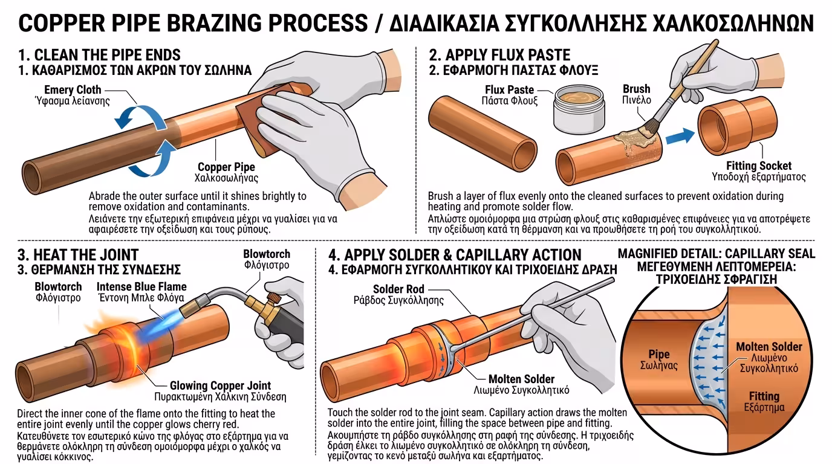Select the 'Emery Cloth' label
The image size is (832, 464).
click(x=73, y=90)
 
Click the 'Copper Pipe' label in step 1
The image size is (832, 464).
click(x=226, y=167)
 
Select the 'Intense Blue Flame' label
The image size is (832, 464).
click(x=141, y=286)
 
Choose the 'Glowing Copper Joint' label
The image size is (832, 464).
click(x=219, y=385)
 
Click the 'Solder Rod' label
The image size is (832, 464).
click(x=398, y=289)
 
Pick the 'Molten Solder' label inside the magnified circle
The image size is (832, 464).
click(x=769, y=347)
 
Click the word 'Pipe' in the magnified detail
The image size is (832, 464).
click(x=658, y=355)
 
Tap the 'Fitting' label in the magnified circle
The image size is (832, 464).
click(x=764, y=396)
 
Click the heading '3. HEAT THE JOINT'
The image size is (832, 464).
click(x=78, y=255)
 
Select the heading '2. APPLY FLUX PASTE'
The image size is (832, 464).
click(x=499, y=55)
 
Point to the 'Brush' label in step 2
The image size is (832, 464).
click(x=636, y=89)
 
